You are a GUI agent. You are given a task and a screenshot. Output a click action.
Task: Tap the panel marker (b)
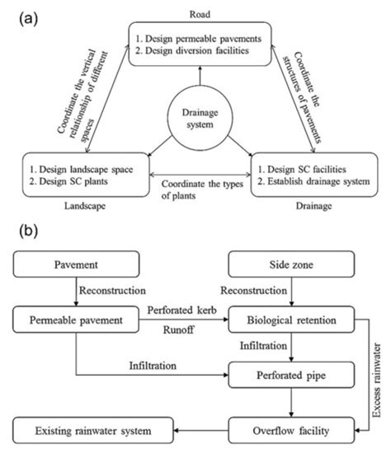coord(19,233)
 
